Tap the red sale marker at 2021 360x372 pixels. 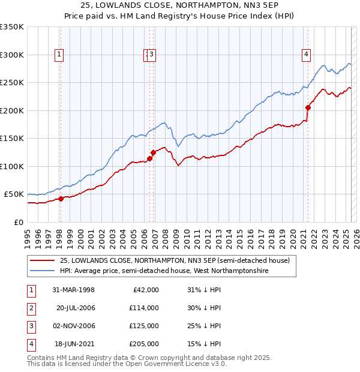click(308, 108)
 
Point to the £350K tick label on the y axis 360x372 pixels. click(12, 27)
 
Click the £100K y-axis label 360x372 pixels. click(12, 166)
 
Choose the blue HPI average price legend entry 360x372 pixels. click(164, 271)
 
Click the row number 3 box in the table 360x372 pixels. click(31, 326)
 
